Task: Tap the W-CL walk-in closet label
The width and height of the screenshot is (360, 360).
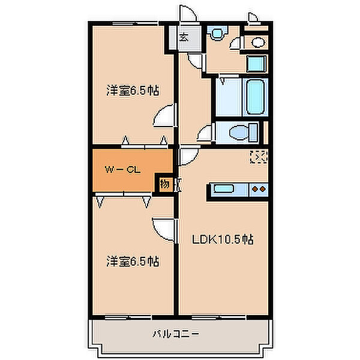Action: click(123, 170)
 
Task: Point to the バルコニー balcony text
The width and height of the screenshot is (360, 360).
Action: click(175, 334)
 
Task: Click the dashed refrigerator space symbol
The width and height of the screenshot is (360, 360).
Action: click(257, 157)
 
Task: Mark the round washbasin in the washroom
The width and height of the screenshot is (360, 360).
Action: click(258, 41)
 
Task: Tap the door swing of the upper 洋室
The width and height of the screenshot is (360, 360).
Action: click(164, 115)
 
